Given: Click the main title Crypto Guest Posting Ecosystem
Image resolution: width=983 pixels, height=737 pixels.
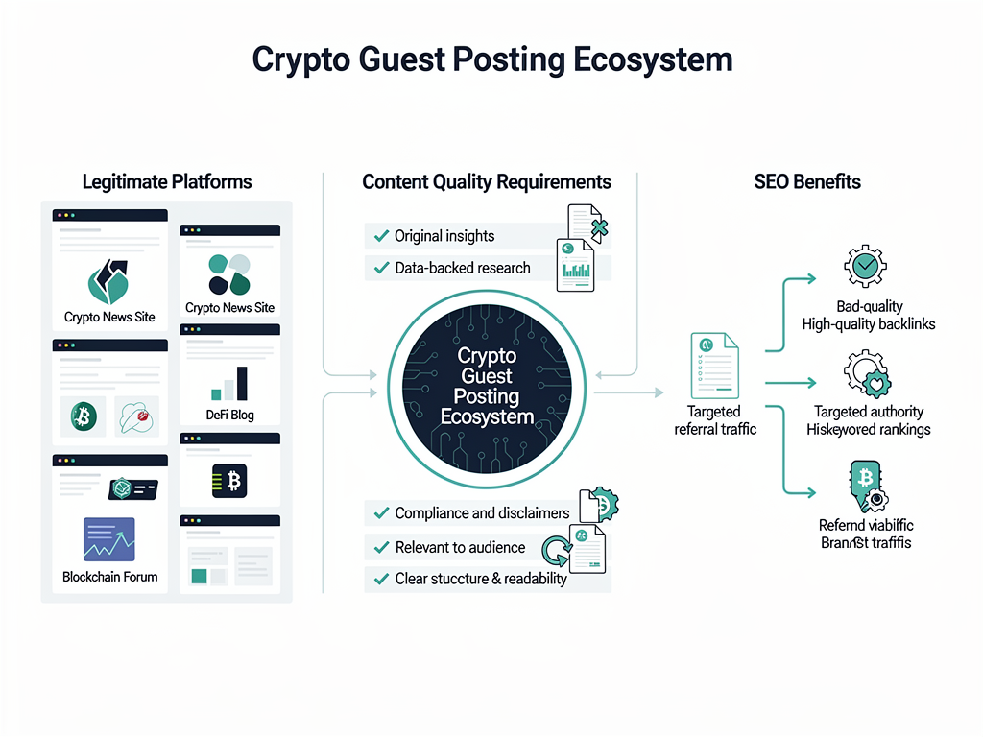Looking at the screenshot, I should click(x=491, y=59).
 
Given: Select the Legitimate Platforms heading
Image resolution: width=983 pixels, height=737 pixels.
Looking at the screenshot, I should click(x=167, y=181).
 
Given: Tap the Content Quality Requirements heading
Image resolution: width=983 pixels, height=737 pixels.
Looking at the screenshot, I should click(x=487, y=181).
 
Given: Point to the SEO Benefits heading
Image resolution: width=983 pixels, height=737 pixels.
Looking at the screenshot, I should click(x=807, y=181).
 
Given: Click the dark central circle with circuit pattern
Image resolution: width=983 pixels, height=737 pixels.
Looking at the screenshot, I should click(x=487, y=388).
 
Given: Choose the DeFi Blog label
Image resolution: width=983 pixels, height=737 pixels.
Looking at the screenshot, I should click(x=230, y=416).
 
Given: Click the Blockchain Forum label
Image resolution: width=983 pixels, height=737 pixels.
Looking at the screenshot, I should click(x=109, y=577).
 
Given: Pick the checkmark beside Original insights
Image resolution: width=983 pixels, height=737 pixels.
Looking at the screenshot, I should click(x=379, y=236).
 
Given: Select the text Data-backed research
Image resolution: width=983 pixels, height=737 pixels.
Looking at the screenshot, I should click(x=463, y=268).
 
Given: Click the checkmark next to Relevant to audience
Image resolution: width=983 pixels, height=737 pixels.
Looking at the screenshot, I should click(x=379, y=548).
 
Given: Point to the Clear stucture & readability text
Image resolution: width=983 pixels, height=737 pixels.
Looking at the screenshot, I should click(x=481, y=579).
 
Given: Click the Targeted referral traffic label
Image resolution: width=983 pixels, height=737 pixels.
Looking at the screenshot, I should click(x=715, y=420).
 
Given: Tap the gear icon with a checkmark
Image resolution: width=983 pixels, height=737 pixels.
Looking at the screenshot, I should click(x=864, y=266).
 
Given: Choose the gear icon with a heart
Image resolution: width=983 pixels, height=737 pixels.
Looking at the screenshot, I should click(x=867, y=374).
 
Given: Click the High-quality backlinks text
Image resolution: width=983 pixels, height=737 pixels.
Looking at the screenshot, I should click(x=869, y=324).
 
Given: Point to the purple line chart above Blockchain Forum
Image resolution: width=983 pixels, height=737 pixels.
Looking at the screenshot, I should click(x=109, y=539).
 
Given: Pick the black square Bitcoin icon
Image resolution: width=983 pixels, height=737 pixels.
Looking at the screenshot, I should click(x=230, y=479).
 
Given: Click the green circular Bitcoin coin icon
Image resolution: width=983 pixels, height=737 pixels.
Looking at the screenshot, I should click(x=84, y=416).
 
